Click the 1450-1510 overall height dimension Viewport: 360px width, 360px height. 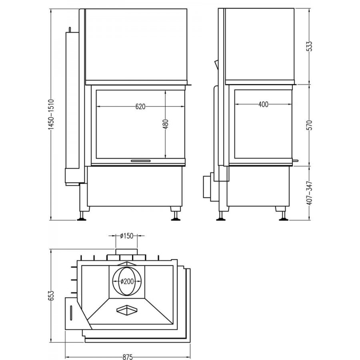click(x=51, y=114)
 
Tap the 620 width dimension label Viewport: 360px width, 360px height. click(x=140, y=106)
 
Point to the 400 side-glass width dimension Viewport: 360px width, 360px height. click(x=263, y=104)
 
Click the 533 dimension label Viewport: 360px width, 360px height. click(x=310, y=46)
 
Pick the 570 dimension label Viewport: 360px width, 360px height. click(x=310, y=125)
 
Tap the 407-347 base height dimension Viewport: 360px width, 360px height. click(x=310, y=193)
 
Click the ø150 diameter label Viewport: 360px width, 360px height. click(x=126, y=236)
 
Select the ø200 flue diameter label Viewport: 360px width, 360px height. click(x=127, y=281)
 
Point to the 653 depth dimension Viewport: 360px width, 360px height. click(x=51, y=296)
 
